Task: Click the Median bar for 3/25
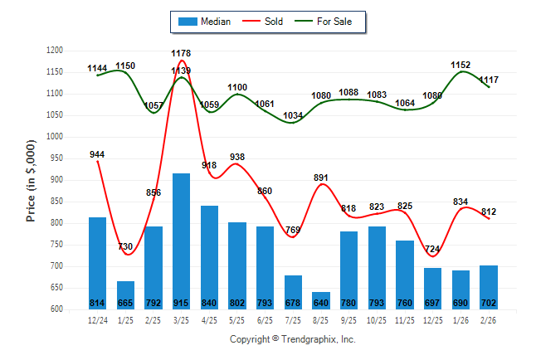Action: click(181, 241)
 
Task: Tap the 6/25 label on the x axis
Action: click(266, 319)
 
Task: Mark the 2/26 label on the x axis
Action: click(490, 319)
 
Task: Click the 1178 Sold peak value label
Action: click(181, 54)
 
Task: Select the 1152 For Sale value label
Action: click(460, 65)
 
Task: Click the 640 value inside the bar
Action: click(321, 303)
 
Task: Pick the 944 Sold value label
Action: click(97, 154)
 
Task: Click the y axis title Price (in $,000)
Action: click(31, 181)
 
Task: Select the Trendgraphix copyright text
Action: click(292, 339)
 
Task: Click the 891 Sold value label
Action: click(321, 178)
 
